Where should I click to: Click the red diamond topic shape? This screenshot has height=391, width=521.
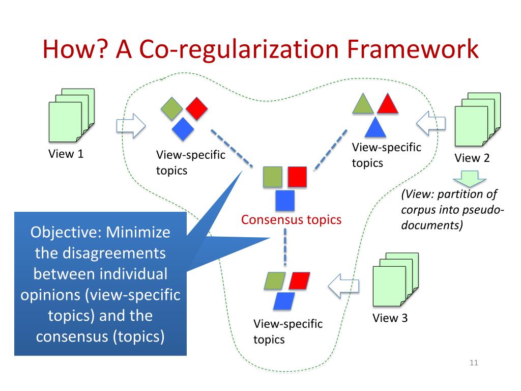197,108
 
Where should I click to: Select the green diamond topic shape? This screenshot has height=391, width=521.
172,108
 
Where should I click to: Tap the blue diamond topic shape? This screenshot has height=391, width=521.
183,129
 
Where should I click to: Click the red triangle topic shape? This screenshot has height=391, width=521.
387,104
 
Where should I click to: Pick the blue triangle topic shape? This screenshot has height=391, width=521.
375,127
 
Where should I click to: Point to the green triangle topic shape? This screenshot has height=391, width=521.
363,104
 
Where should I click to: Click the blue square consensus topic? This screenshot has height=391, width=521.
285,201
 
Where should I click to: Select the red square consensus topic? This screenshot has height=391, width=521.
297,177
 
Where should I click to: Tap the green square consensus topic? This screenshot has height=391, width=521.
273,177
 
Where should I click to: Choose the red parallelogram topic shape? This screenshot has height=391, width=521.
299,281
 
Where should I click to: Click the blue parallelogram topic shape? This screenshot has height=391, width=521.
284,301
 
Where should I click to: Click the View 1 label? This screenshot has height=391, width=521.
66,154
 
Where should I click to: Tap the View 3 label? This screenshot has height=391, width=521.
390,318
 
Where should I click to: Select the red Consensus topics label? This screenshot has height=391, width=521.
292,220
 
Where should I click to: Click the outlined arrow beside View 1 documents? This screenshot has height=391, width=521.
131,126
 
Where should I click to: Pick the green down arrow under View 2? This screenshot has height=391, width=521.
470,179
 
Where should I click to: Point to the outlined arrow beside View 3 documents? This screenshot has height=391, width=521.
343,286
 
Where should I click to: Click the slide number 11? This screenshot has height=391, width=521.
474,362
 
